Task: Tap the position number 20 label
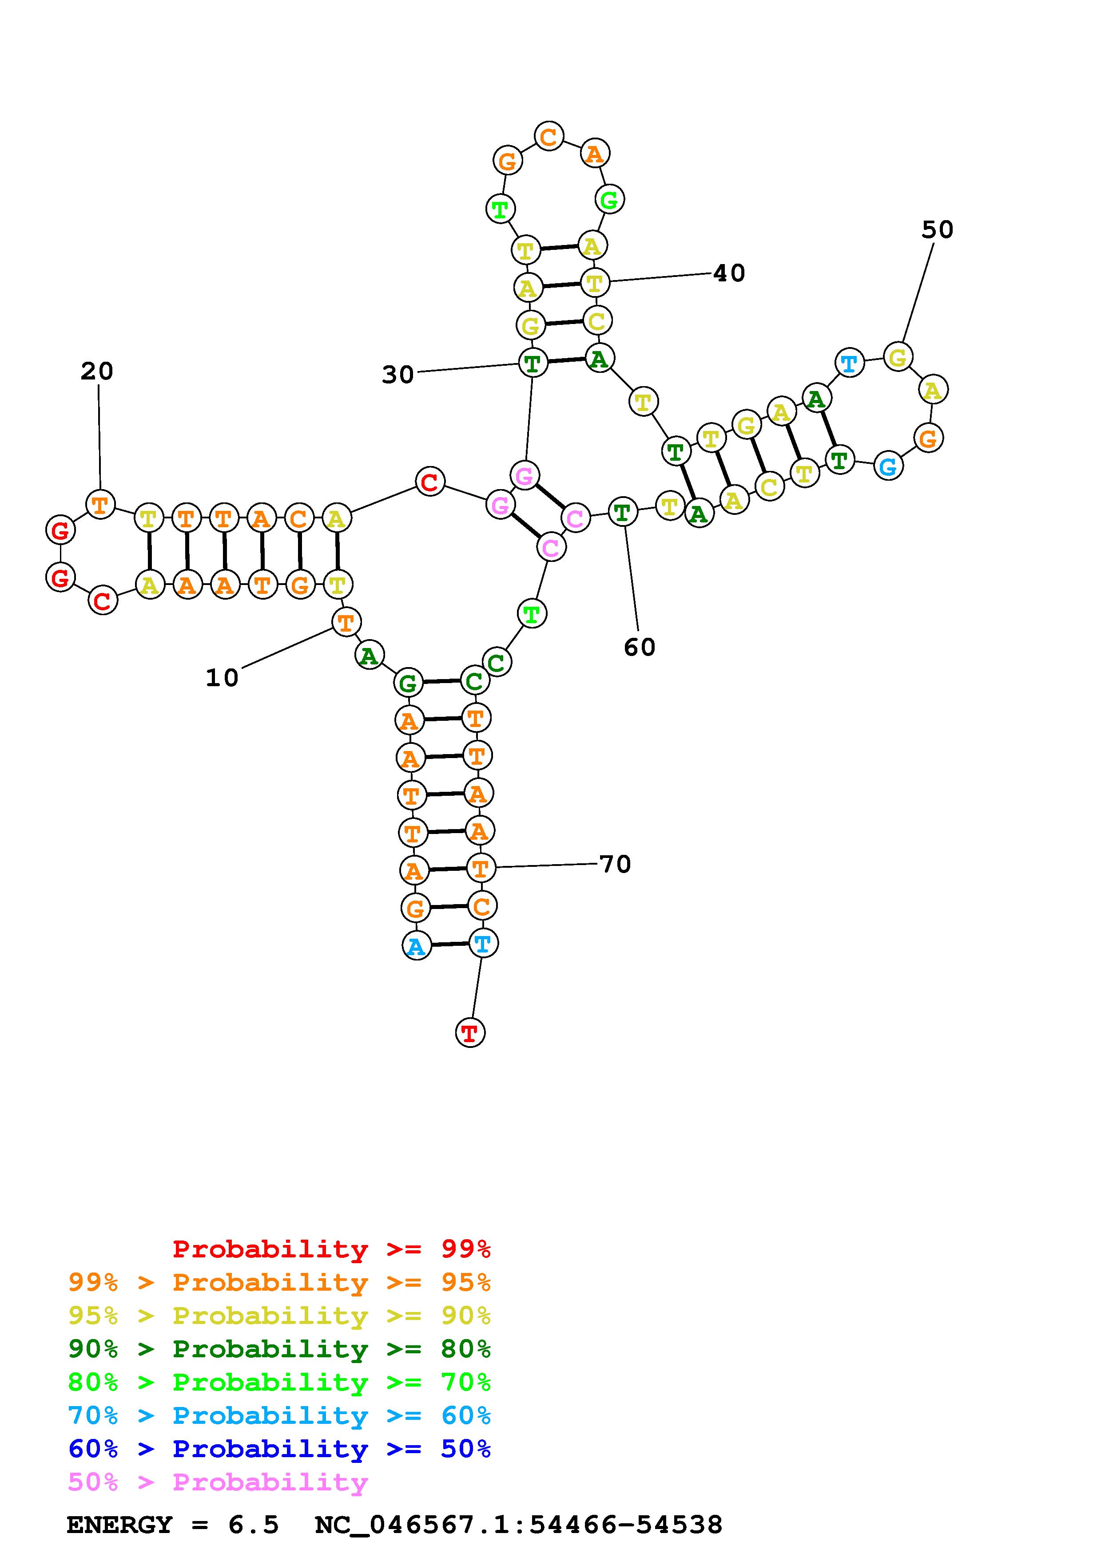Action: coord(97,371)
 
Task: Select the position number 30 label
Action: coord(398,374)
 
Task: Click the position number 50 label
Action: coord(938,230)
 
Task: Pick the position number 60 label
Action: coord(640,647)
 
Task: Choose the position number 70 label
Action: coord(615,864)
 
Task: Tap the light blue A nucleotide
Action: coord(417,946)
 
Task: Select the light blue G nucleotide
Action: coord(888,466)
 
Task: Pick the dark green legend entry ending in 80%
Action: coord(279,1349)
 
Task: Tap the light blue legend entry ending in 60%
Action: coord(279,1415)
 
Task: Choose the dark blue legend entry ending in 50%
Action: coord(279,1449)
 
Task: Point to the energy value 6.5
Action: coord(253,1525)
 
